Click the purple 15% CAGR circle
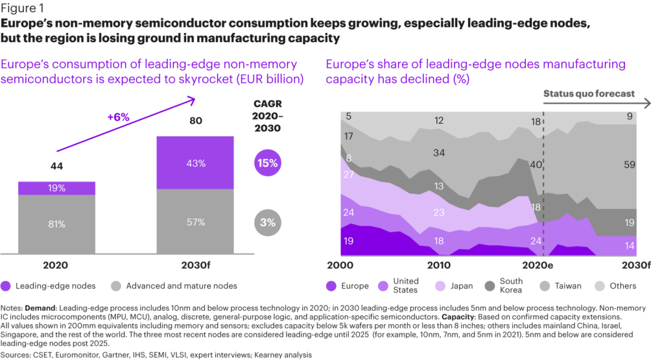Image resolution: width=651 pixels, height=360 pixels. pos(268,163)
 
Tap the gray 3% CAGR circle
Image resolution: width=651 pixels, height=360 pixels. pos(268,222)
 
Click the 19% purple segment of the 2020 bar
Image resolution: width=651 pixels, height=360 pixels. pos(56,188)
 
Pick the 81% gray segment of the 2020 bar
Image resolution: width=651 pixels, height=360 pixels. pos(56,224)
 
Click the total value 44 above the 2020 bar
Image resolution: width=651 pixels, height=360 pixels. pos(56,167)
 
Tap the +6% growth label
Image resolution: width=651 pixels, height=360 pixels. pos(118,117)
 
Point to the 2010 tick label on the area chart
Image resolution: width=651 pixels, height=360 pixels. pos(439,266)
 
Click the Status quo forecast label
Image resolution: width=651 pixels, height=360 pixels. pos(588,93)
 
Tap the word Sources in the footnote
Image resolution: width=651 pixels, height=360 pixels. pos(18,354)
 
